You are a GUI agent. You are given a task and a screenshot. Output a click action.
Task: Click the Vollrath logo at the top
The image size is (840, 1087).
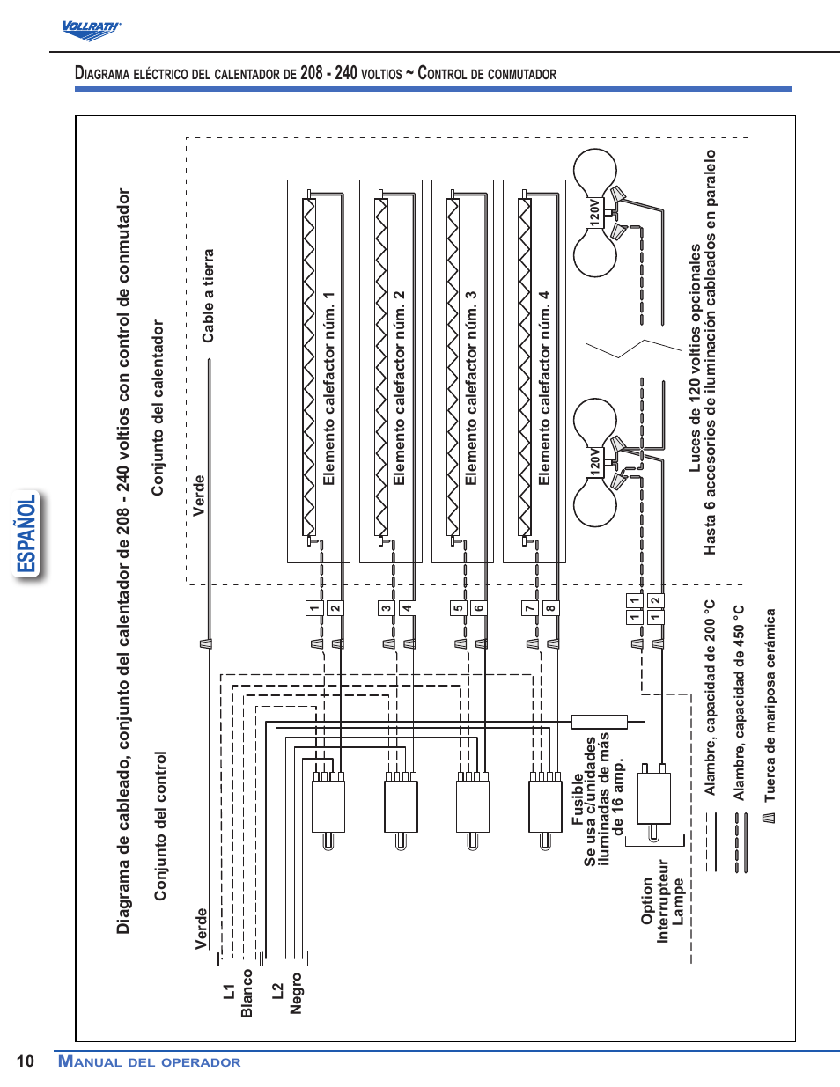(91, 29)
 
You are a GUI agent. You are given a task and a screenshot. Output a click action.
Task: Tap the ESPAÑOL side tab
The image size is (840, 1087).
(28, 533)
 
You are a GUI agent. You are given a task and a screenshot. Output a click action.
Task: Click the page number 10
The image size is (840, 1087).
(25, 1061)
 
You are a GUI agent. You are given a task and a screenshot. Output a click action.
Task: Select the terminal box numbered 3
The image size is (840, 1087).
(386, 608)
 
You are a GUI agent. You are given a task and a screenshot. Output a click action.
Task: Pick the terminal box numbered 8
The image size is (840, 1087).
(550, 608)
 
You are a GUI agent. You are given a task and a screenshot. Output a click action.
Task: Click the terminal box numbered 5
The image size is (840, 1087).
(458, 608)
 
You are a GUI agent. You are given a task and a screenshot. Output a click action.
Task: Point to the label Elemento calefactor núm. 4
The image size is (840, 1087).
(544, 388)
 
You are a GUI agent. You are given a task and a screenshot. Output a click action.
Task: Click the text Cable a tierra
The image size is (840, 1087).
(208, 296)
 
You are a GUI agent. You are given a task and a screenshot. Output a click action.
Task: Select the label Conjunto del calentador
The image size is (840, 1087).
(158, 408)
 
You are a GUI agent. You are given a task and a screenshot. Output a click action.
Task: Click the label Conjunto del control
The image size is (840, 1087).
(160, 826)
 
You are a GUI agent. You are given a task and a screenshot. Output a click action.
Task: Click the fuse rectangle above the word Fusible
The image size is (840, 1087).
(599, 722)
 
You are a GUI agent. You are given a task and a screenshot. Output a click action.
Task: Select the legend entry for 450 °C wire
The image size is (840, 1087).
(740, 702)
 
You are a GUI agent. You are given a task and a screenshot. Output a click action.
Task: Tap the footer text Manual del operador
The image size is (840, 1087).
(149, 1061)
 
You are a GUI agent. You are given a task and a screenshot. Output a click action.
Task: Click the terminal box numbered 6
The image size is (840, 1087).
(478, 608)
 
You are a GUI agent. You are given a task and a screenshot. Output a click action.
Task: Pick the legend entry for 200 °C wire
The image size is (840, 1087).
(710, 698)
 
